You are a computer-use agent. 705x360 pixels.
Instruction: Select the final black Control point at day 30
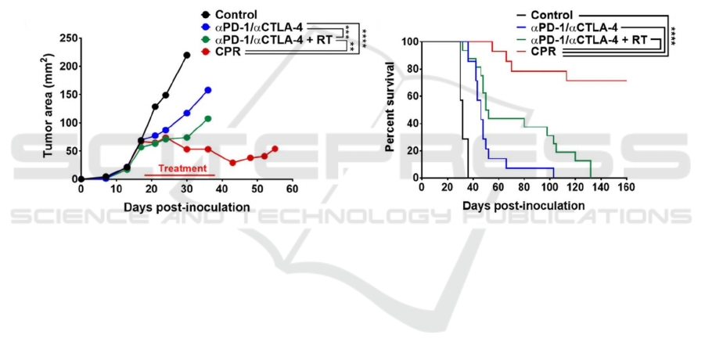186,56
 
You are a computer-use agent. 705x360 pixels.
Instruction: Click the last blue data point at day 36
208,90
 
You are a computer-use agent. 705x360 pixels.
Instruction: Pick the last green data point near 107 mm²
208,119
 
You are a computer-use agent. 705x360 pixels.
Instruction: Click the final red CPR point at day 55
275,149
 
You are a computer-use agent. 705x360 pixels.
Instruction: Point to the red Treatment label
182,168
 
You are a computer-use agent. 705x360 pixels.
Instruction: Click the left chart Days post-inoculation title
186,207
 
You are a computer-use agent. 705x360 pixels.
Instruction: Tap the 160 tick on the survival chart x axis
626,189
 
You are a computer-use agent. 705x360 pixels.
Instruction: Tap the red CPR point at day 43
232,162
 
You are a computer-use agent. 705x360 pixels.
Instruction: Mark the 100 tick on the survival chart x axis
549,189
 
